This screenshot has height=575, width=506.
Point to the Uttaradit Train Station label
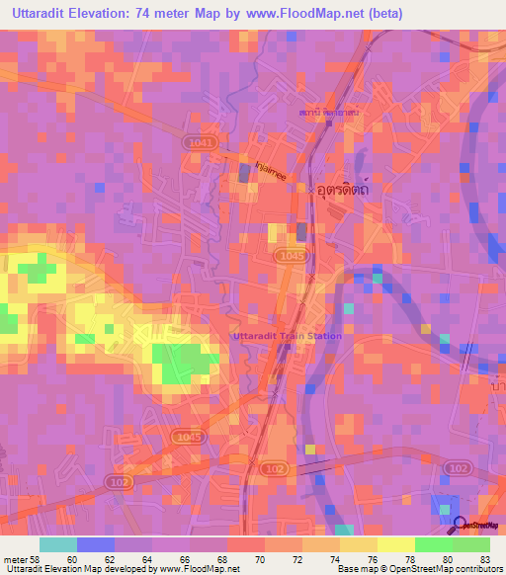[x=287, y=336]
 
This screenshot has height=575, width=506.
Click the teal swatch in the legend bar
[x=57, y=543]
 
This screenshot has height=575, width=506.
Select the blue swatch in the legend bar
[x=96, y=543]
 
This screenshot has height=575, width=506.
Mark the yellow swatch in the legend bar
[x=396, y=543]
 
